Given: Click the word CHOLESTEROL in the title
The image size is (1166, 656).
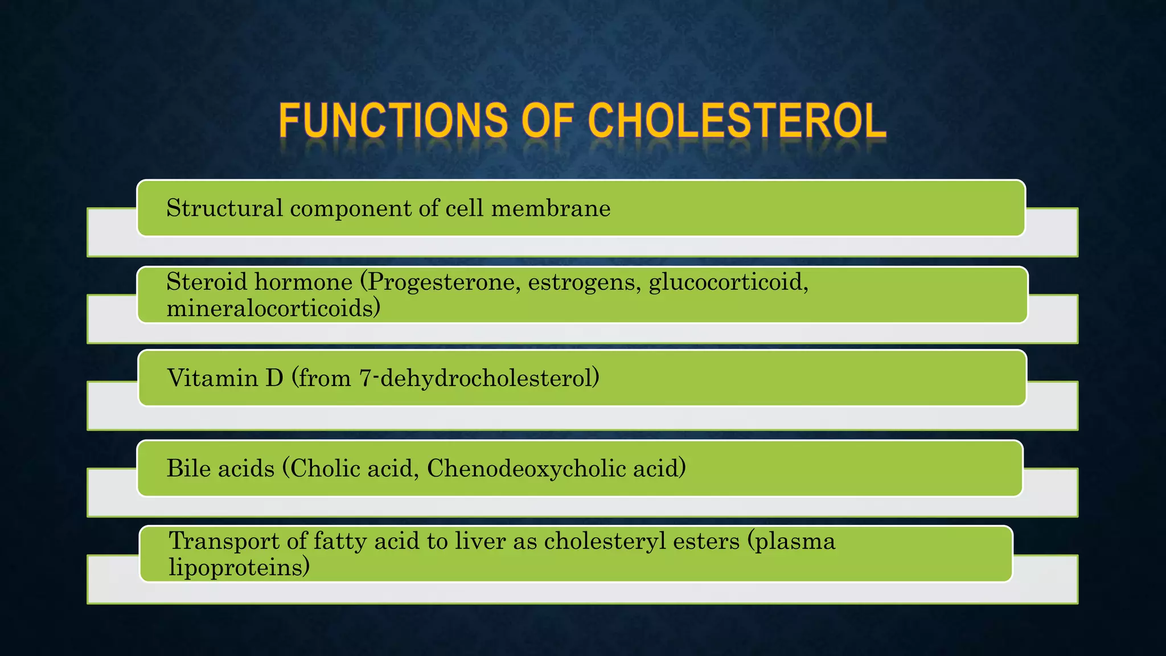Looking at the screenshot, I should pyautogui.click(x=737, y=121).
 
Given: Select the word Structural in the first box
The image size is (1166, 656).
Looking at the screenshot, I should pyautogui.click(x=224, y=208).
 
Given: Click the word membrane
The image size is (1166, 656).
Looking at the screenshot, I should pyautogui.click(x=551, y=208).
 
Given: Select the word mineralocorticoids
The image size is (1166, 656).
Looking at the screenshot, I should pyautogui.click(x=273, y=309).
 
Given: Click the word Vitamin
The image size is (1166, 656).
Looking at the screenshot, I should pyautogui.click(x=212, y=378).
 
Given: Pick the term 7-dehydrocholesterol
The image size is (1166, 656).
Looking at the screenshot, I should pyautogui.click(x=478, y=378).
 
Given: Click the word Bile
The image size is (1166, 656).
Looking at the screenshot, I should pyautogui.click(x=188, y=469).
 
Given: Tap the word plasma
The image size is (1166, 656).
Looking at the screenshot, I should pyautogui.click(x=795, y=541).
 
